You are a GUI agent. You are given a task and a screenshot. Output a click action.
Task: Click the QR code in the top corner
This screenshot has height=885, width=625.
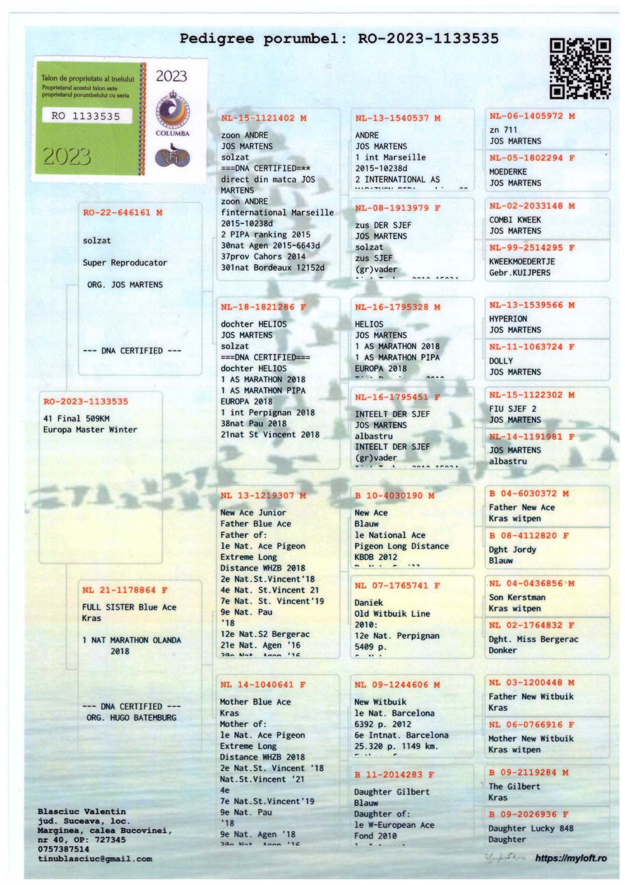[x=580, y=68]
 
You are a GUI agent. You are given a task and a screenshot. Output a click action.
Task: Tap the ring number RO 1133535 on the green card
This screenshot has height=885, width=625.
[x=86, y=116]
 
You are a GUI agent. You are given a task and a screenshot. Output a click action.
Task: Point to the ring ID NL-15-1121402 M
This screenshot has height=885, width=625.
[x=264, y=119]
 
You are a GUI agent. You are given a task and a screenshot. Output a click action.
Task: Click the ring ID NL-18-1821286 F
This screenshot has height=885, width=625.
[x=264, y=307]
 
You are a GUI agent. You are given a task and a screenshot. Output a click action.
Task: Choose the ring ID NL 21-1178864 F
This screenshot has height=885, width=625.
[x=125, y=590]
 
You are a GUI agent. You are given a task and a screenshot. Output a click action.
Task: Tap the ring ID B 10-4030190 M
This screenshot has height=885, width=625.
[x=395, y=496]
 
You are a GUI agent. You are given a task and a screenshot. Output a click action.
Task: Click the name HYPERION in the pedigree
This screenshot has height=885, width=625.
[x=508, y=319]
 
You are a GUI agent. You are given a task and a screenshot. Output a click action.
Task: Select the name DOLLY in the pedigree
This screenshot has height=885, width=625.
[x=501, y=361]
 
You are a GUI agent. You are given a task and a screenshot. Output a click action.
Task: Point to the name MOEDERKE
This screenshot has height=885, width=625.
[x=508, y=172]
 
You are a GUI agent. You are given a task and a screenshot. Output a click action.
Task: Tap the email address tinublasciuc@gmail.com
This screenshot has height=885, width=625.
[x=95, y=859]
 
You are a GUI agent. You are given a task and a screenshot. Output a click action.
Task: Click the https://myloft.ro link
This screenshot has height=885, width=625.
[x=571, y=858]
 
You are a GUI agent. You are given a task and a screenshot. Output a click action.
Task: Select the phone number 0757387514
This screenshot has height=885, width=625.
[x=64, y=849]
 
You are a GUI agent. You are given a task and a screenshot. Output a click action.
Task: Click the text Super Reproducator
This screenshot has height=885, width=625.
[x=125, y=263]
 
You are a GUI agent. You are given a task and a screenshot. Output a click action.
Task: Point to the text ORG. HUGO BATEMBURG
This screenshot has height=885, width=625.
[x=132, y=718]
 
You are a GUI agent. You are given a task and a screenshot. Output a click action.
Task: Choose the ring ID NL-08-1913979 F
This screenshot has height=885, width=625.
[x=398, y=208]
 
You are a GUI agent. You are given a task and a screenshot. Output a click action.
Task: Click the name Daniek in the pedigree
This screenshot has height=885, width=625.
[x=368, y=603]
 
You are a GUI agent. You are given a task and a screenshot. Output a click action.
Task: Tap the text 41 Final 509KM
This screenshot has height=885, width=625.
[x=76, y=419]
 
